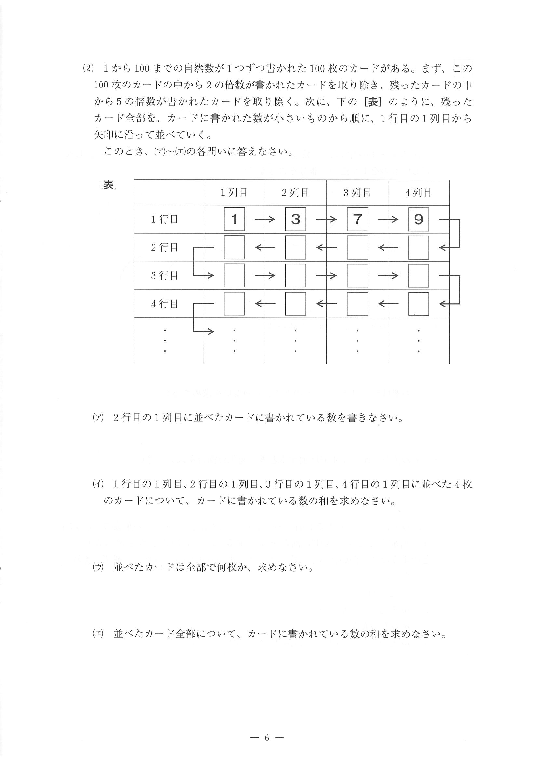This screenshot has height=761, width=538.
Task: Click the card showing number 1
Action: [x=235, y=219]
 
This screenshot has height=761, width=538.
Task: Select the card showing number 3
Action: [x=295, y=219]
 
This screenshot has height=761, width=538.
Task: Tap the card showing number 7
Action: [x=357, y=219]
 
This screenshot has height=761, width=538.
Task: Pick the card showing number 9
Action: [x=418, y=219]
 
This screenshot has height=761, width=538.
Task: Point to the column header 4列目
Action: [x=418, y=193]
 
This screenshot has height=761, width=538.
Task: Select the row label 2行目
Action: [x=164, y=247]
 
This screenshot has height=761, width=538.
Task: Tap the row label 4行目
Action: [x=164, y=304]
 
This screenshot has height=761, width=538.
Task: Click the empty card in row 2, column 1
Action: [x=235, y=247]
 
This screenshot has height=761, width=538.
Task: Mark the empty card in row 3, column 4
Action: [x=418, y=275]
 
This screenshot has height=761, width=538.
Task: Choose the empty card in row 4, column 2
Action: [x=295, y=304]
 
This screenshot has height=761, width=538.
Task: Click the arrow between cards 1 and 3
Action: [x=265, y=219]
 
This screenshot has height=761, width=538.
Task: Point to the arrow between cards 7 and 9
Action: [x=388, y=219]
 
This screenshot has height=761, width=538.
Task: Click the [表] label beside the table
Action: [x=108, y=185]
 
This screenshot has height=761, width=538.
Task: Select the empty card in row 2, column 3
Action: [x=357, y=247]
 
